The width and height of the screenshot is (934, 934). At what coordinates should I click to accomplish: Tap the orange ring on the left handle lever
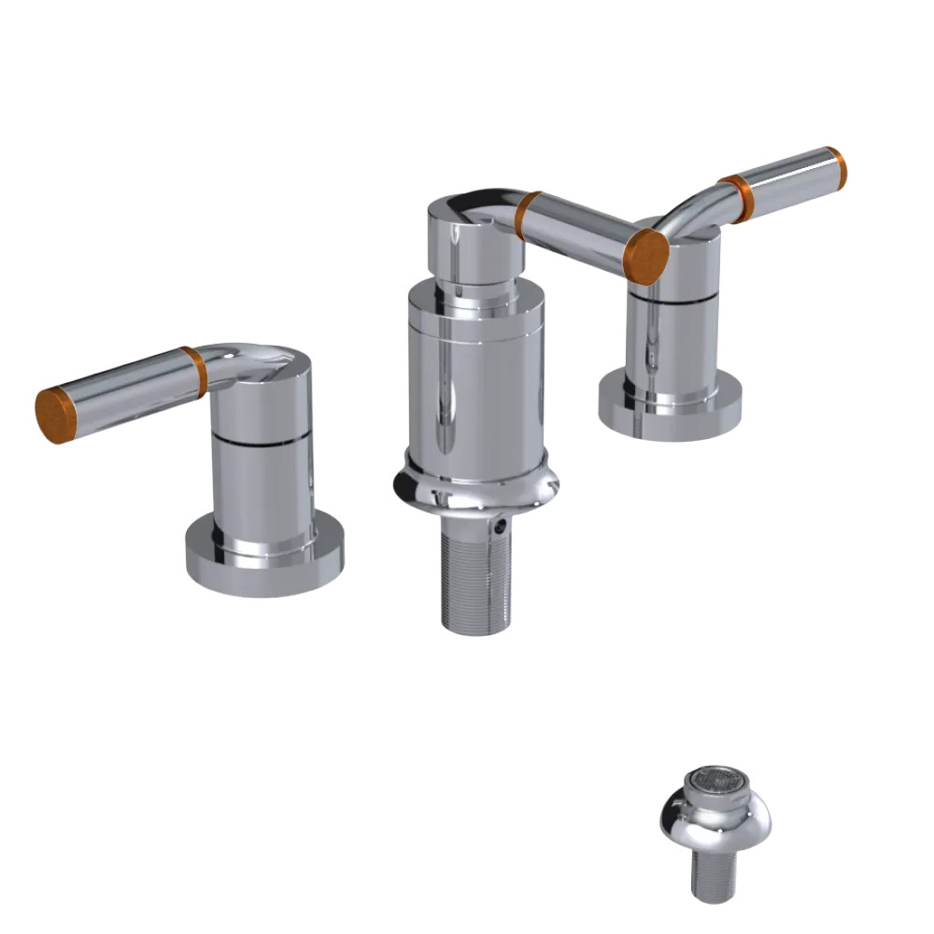click(194, 373)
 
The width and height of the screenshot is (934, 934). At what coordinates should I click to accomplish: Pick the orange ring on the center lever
click(531, 216)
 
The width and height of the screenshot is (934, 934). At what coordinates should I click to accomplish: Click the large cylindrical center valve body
click(474, 383)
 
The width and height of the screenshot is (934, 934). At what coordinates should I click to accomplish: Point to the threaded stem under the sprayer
click(715, 878)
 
